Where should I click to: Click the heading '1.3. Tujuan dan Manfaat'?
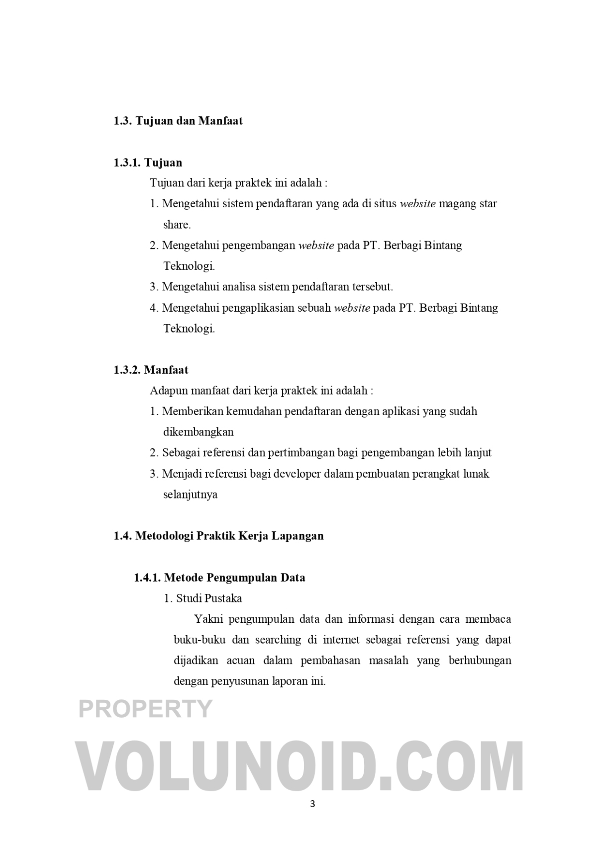pyautogui.click(x=178, y=121)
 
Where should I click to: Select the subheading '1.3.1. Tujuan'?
pyautogui.click(x=148, y=163)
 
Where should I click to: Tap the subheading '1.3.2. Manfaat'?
pyautogui.click(x=151, y=370)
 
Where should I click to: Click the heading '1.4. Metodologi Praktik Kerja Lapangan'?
pyautogui.click(x=218, y=536)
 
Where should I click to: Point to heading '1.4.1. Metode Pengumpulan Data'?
pyautogui.click(x=219, y=578)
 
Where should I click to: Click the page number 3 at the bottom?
pyautogui.click(x=312, y=804)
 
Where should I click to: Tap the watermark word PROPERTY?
pyautogui.click(x=145, y=708)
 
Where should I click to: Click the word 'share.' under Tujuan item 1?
pyautogui.click(x=177, y=225)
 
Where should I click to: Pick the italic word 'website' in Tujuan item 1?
pyautogui.click(x=418, y=204)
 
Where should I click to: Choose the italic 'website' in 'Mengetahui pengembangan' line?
pyautogui.click(x=316, y=246)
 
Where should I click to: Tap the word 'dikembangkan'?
pyautogui.click(x=198, y=432)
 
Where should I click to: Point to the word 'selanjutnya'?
pyautogui.click(x=190, y=495)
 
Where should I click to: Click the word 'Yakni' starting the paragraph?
pyautogui.click(x=208, y=619)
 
